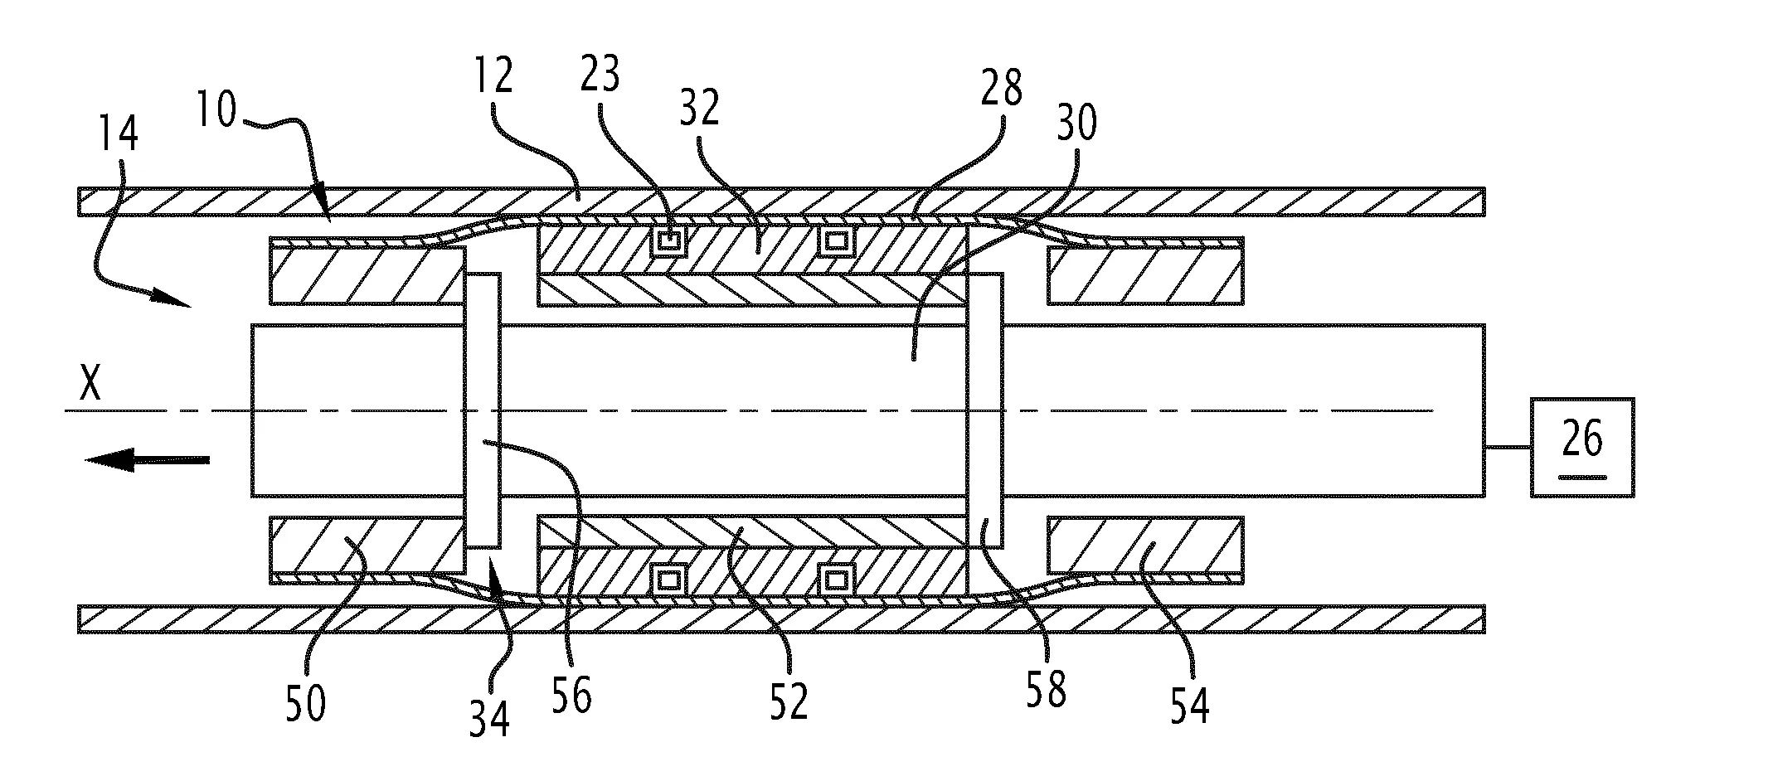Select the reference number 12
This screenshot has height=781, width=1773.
(494, 75)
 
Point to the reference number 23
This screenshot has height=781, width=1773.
(600, 75)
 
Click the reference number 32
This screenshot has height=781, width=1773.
(700, 108)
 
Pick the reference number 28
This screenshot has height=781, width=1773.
(1002, 89)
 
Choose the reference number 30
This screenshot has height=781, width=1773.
(1076, 122)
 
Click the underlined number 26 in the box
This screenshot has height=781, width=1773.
(1582, 439)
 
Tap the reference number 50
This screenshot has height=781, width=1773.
(305, 703)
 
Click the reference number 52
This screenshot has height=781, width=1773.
(788, 701)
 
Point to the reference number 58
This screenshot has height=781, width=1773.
(1045, 688)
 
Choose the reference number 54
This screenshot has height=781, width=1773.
(1189, 703)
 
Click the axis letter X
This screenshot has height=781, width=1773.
(90, 385)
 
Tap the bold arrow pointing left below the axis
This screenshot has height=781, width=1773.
(148, 458)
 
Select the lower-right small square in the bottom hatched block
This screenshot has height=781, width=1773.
(837, 579)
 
